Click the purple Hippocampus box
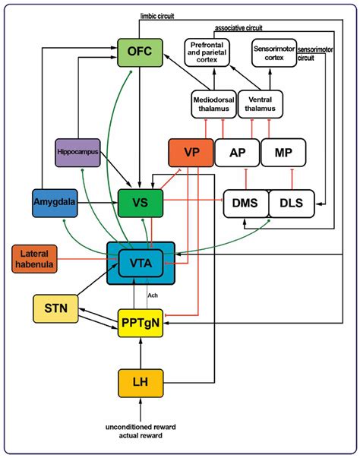[79, 152]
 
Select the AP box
[236, 152]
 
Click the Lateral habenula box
[39, 259]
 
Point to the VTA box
[141, 264]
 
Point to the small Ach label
[151, 295]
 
